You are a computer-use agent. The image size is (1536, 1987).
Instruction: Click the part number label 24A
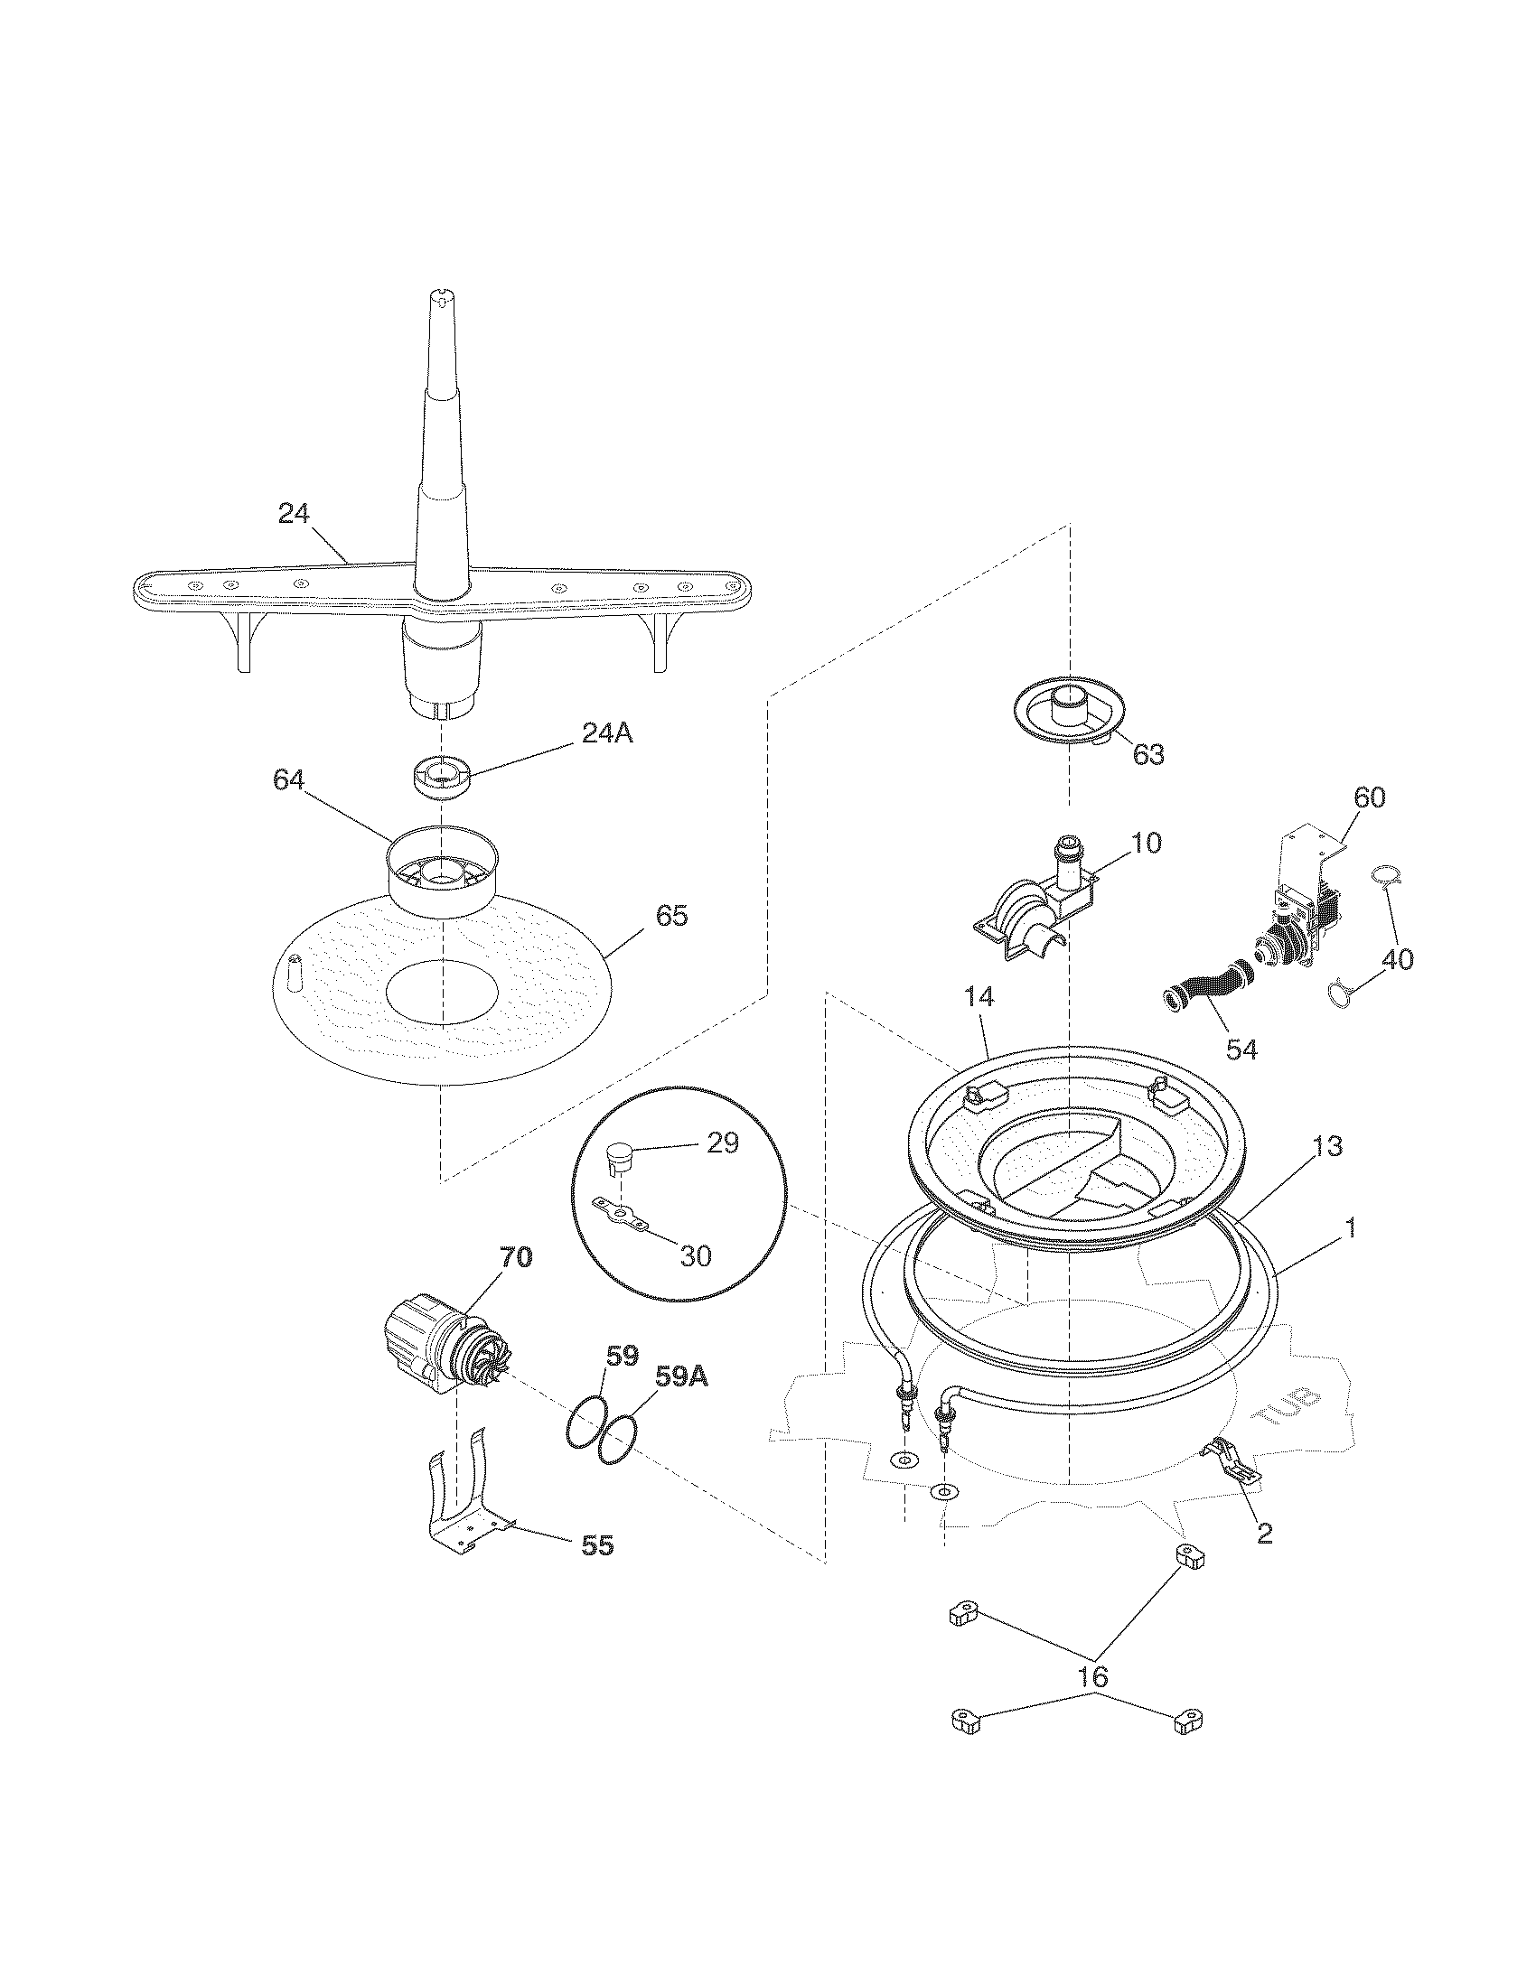[607, 732]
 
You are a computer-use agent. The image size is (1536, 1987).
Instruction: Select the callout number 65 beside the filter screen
[671, 915]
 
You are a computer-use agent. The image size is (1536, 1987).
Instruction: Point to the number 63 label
[1147, 754]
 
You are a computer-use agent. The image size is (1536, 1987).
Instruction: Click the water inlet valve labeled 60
[1297, 919]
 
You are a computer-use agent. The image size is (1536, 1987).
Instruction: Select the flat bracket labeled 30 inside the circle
[622, 1213]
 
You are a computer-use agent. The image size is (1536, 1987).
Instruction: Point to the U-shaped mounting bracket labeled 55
[464, 1497]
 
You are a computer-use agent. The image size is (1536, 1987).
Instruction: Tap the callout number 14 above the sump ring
[979, 997]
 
